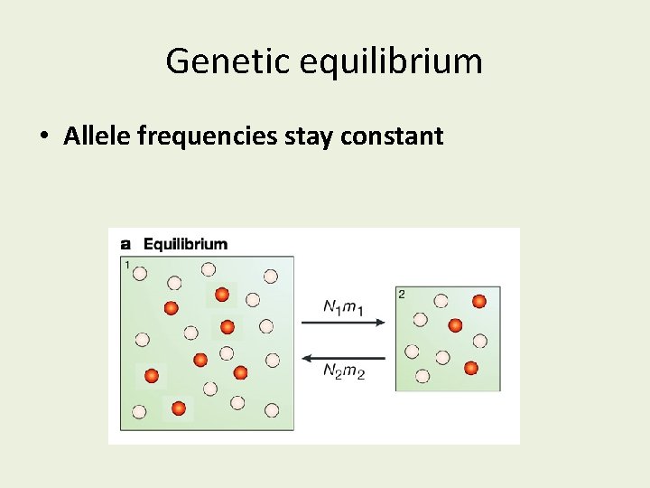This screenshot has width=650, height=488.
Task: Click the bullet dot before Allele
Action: pos(44,137)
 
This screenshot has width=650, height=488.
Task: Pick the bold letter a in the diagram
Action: pos(125,244)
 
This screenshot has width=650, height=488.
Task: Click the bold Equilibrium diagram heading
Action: pos(186,244)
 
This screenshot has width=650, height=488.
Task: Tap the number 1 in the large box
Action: pos(127,264)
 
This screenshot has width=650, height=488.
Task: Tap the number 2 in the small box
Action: pos(402,294)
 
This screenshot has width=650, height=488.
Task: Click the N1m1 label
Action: pos(343,308)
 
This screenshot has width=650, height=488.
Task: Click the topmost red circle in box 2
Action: pos(479,301)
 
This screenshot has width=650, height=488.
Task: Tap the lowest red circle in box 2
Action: pos(470,367)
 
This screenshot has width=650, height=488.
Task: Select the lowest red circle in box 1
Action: pos(179,408)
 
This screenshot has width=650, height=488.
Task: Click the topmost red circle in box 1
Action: pos(222,295)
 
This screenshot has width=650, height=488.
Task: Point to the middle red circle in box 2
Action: pos(456,325)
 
